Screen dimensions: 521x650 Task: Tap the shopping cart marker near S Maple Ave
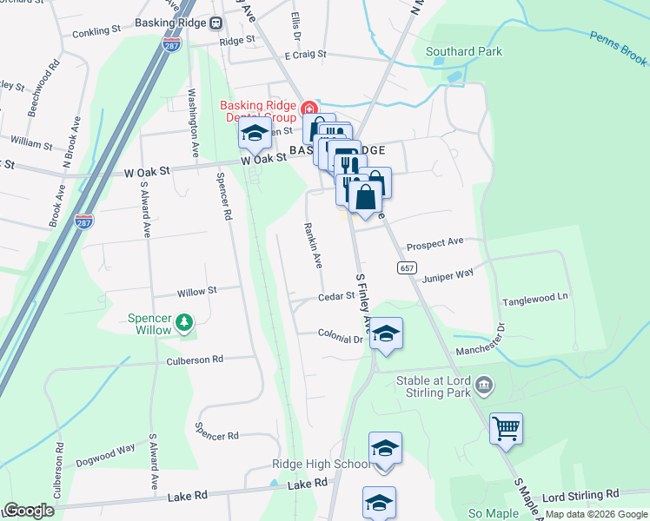click(506, 428)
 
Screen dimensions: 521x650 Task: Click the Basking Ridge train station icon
click(213, 24)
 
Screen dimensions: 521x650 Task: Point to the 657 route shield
click(408, 267)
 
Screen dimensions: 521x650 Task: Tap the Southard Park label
click(464, 51)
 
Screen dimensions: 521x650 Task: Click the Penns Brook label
click(619, 48)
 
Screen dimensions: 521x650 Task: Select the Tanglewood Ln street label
click(534, 297)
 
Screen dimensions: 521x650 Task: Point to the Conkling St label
click(92, 30)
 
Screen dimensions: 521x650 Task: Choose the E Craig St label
click(298, 54)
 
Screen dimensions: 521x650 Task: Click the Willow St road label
click(196, 292)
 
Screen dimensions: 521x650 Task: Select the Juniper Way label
click(448, 274)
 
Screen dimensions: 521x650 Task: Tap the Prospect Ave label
click(435, 243)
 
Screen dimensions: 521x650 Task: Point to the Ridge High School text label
click(321, 465)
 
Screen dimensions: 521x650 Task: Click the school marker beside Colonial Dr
click(386, 333)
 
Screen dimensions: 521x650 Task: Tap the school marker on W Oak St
click(255, 134)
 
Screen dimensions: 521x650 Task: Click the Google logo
click(30, 511)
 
